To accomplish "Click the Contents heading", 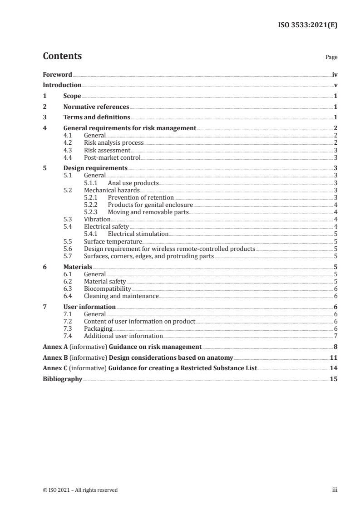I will (x=62, y=56).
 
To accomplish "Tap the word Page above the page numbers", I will (x=331, y=58).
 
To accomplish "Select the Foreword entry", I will (x=57, y=74).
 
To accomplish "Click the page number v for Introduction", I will (x=335, y=85).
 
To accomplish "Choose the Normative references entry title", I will (x=96, y=107).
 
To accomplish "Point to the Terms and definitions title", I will (x=97, y=117).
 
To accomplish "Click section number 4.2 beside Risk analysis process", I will (x=68, y=143).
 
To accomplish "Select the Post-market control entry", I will (x=112, y=157).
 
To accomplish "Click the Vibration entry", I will (x=97, y=219).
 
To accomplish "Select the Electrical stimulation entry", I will (x=138, y=234).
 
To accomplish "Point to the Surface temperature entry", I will (x=113, y=241).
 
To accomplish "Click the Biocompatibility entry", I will (x=108, y=289).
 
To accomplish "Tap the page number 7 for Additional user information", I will (x=335, y=336).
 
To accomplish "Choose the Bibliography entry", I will (x=62, y=379).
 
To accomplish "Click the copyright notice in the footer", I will (x=80, y=489).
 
